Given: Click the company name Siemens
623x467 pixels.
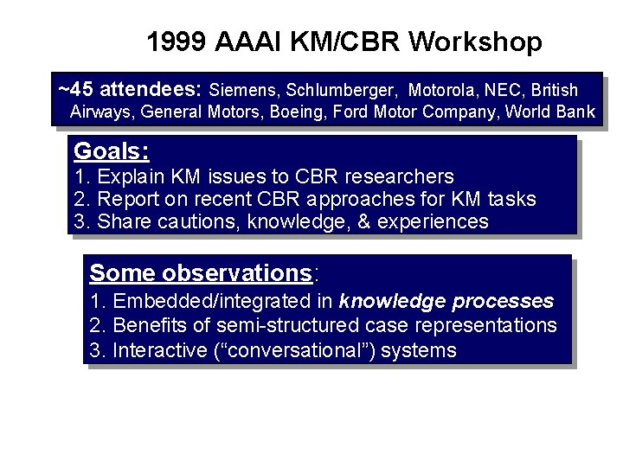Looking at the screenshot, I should click(242, 90).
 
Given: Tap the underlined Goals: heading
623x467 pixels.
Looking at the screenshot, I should click(112, 151).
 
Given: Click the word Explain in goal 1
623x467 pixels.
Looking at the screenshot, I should click(130, 177).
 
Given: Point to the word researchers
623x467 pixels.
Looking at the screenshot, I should click(400, 177).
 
